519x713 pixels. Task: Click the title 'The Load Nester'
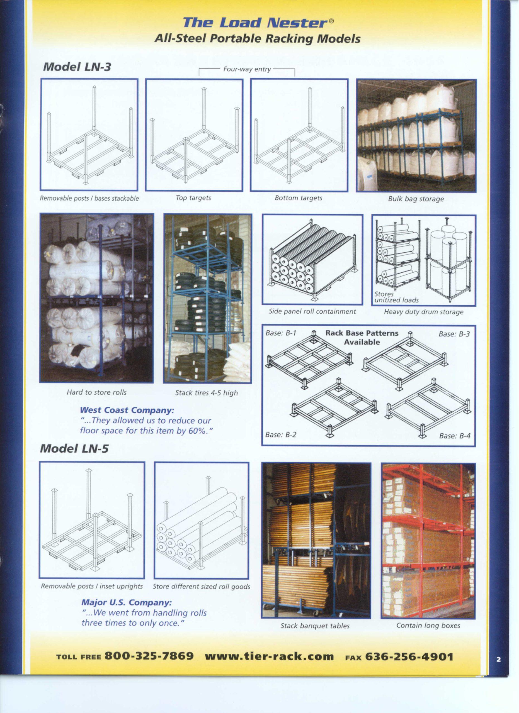255,23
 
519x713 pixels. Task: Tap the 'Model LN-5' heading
74,448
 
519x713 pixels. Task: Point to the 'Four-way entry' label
247,69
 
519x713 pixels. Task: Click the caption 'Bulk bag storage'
416,199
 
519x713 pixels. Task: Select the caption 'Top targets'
193,198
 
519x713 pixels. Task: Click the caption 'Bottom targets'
299,198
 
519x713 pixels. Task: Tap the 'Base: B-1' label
281,333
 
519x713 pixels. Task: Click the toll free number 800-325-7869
149,656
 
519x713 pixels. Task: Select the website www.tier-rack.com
269,656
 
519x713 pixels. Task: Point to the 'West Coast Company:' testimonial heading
127,410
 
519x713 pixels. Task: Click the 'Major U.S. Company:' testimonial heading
127,603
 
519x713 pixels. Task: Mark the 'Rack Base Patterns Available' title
362,337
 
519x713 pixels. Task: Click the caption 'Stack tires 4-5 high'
207,393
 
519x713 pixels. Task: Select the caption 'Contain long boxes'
428,626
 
